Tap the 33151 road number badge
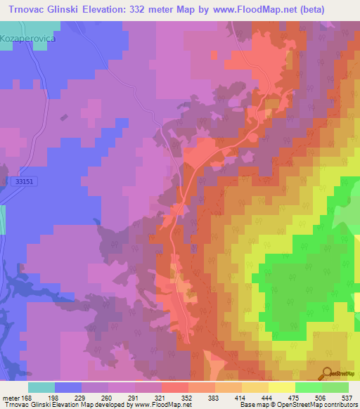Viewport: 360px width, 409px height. (x=24, y=181)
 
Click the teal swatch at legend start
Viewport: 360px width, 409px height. (x=41, y=387)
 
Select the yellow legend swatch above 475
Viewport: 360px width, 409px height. (x=281, y=387)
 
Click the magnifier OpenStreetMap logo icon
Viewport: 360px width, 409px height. (x=326, y=373)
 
